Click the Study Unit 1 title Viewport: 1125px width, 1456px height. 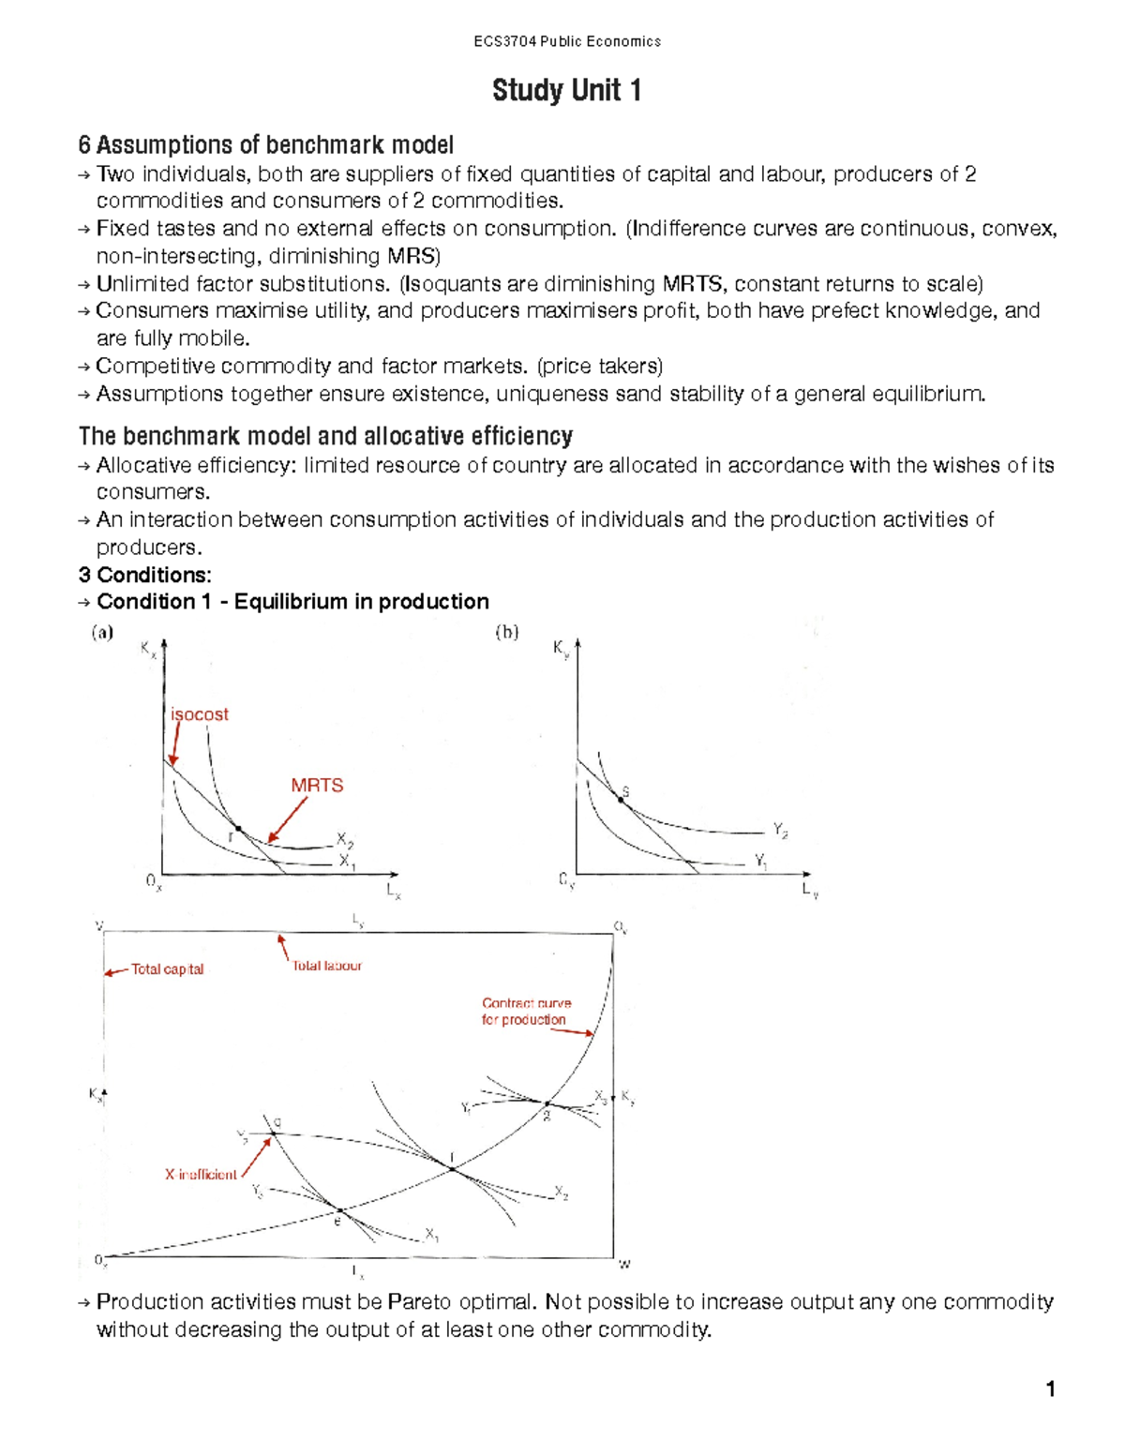(x=566, y=91)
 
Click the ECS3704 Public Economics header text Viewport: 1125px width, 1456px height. (x=566, y=41)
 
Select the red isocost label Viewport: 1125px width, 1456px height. (x=199, y=714)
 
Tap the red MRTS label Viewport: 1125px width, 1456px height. (x=317, y=786)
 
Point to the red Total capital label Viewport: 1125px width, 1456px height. (x=167, y=969)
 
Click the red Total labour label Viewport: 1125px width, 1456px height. (x=326, y=966)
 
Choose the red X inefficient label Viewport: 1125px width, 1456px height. (x=201, y=1175)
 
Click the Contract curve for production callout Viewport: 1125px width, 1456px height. (x=525, y=1012)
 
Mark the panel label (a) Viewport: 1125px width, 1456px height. (x=102, y=633)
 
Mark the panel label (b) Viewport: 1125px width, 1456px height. (x=506, y=633)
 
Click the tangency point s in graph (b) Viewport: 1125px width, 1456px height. (x=620, y=799)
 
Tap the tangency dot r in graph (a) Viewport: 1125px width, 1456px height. (x=238, y=829)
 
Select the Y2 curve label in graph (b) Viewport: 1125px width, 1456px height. (x=780, y=830)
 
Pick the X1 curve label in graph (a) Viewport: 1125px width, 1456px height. (x=347, y=861)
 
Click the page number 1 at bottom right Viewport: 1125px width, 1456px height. (x=1051, y=1388)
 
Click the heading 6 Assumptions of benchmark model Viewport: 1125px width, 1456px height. (x=266, y=145)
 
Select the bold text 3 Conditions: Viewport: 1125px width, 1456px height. (x=145, y=575)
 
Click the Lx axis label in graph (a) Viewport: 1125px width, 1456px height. (x=394, y=892)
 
